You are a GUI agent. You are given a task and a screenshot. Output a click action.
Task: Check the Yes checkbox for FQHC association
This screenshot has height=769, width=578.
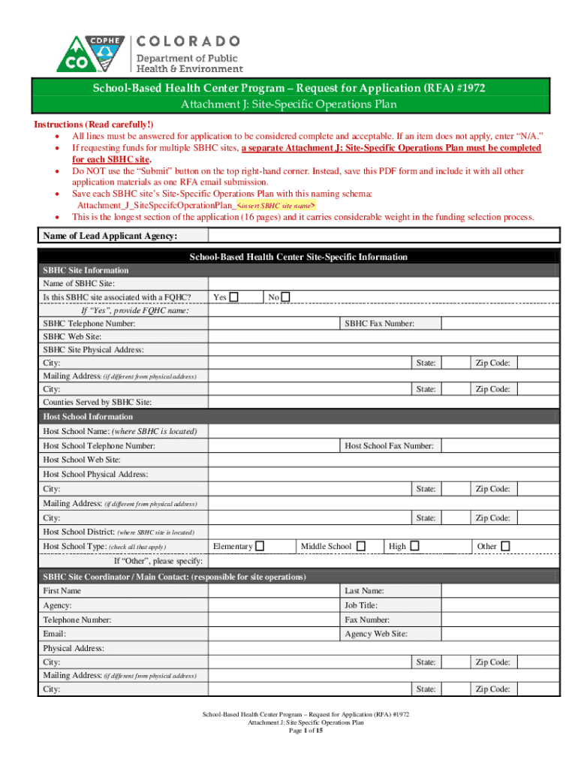point(234,297)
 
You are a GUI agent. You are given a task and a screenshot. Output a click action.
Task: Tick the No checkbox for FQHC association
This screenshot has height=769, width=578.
point(286,297)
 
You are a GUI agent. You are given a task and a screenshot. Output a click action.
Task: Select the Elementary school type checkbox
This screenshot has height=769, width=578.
point(260,546)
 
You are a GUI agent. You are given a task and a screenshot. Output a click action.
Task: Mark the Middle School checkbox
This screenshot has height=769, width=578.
point(361,546)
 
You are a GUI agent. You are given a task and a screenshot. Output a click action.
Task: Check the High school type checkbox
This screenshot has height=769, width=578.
point(414,546)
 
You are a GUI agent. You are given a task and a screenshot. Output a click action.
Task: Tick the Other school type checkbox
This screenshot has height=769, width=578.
point(505,546)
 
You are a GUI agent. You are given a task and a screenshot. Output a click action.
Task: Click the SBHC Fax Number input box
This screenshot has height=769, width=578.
point(499,324)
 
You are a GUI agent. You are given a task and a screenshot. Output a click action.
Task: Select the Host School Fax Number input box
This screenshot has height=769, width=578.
point(499,446)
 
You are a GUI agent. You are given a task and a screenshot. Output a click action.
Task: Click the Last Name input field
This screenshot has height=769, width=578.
point(499,591)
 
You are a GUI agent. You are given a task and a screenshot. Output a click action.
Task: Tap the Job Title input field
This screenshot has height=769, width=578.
point(499,605)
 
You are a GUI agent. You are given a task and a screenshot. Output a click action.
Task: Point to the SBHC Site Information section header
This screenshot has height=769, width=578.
point(86,270)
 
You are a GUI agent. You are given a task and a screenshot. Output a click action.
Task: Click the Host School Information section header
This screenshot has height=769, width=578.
point(88,417)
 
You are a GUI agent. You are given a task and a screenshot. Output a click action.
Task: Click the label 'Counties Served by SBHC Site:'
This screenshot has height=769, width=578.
point(98,403)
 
